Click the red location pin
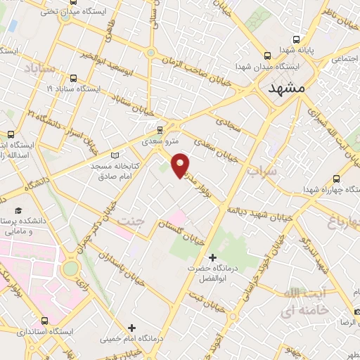pos(181,165)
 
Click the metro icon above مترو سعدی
pos(160,129)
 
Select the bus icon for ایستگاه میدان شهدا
pos(267,56)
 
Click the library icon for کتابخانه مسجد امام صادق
pos(116,155)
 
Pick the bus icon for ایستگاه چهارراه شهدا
pos(336,179)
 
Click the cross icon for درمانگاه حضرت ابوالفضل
pos(213,258)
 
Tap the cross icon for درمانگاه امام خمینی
pos(131,327)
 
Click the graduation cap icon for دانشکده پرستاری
pos(18,210)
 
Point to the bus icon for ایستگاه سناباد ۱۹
pos(75,78)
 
